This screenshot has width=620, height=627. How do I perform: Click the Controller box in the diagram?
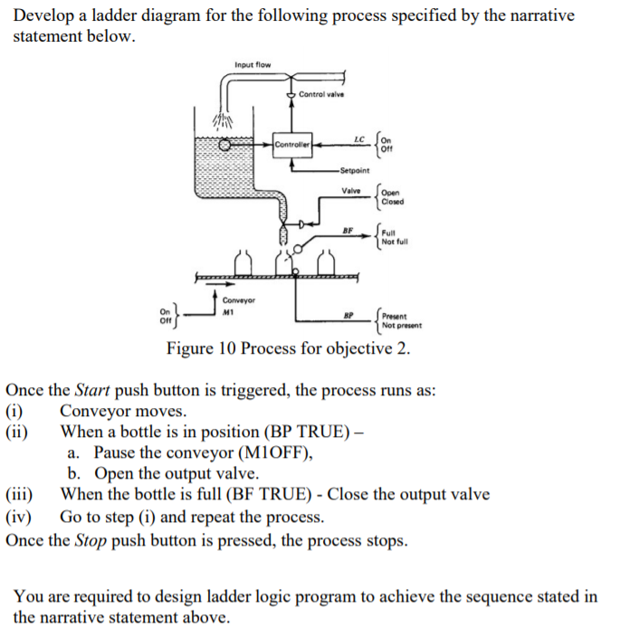pos(292,143)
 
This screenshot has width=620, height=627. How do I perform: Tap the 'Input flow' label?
pos(253,65)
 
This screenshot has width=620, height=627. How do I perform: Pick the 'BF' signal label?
pos(348,230)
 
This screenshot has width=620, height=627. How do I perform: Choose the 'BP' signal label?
pos(348,317)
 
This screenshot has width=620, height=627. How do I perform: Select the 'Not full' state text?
pos(396,242)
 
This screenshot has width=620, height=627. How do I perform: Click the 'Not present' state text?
pos(401,325)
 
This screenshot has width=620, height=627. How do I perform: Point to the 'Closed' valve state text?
pos(393,202)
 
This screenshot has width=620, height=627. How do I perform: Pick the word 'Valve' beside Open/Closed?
pos(351,190)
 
